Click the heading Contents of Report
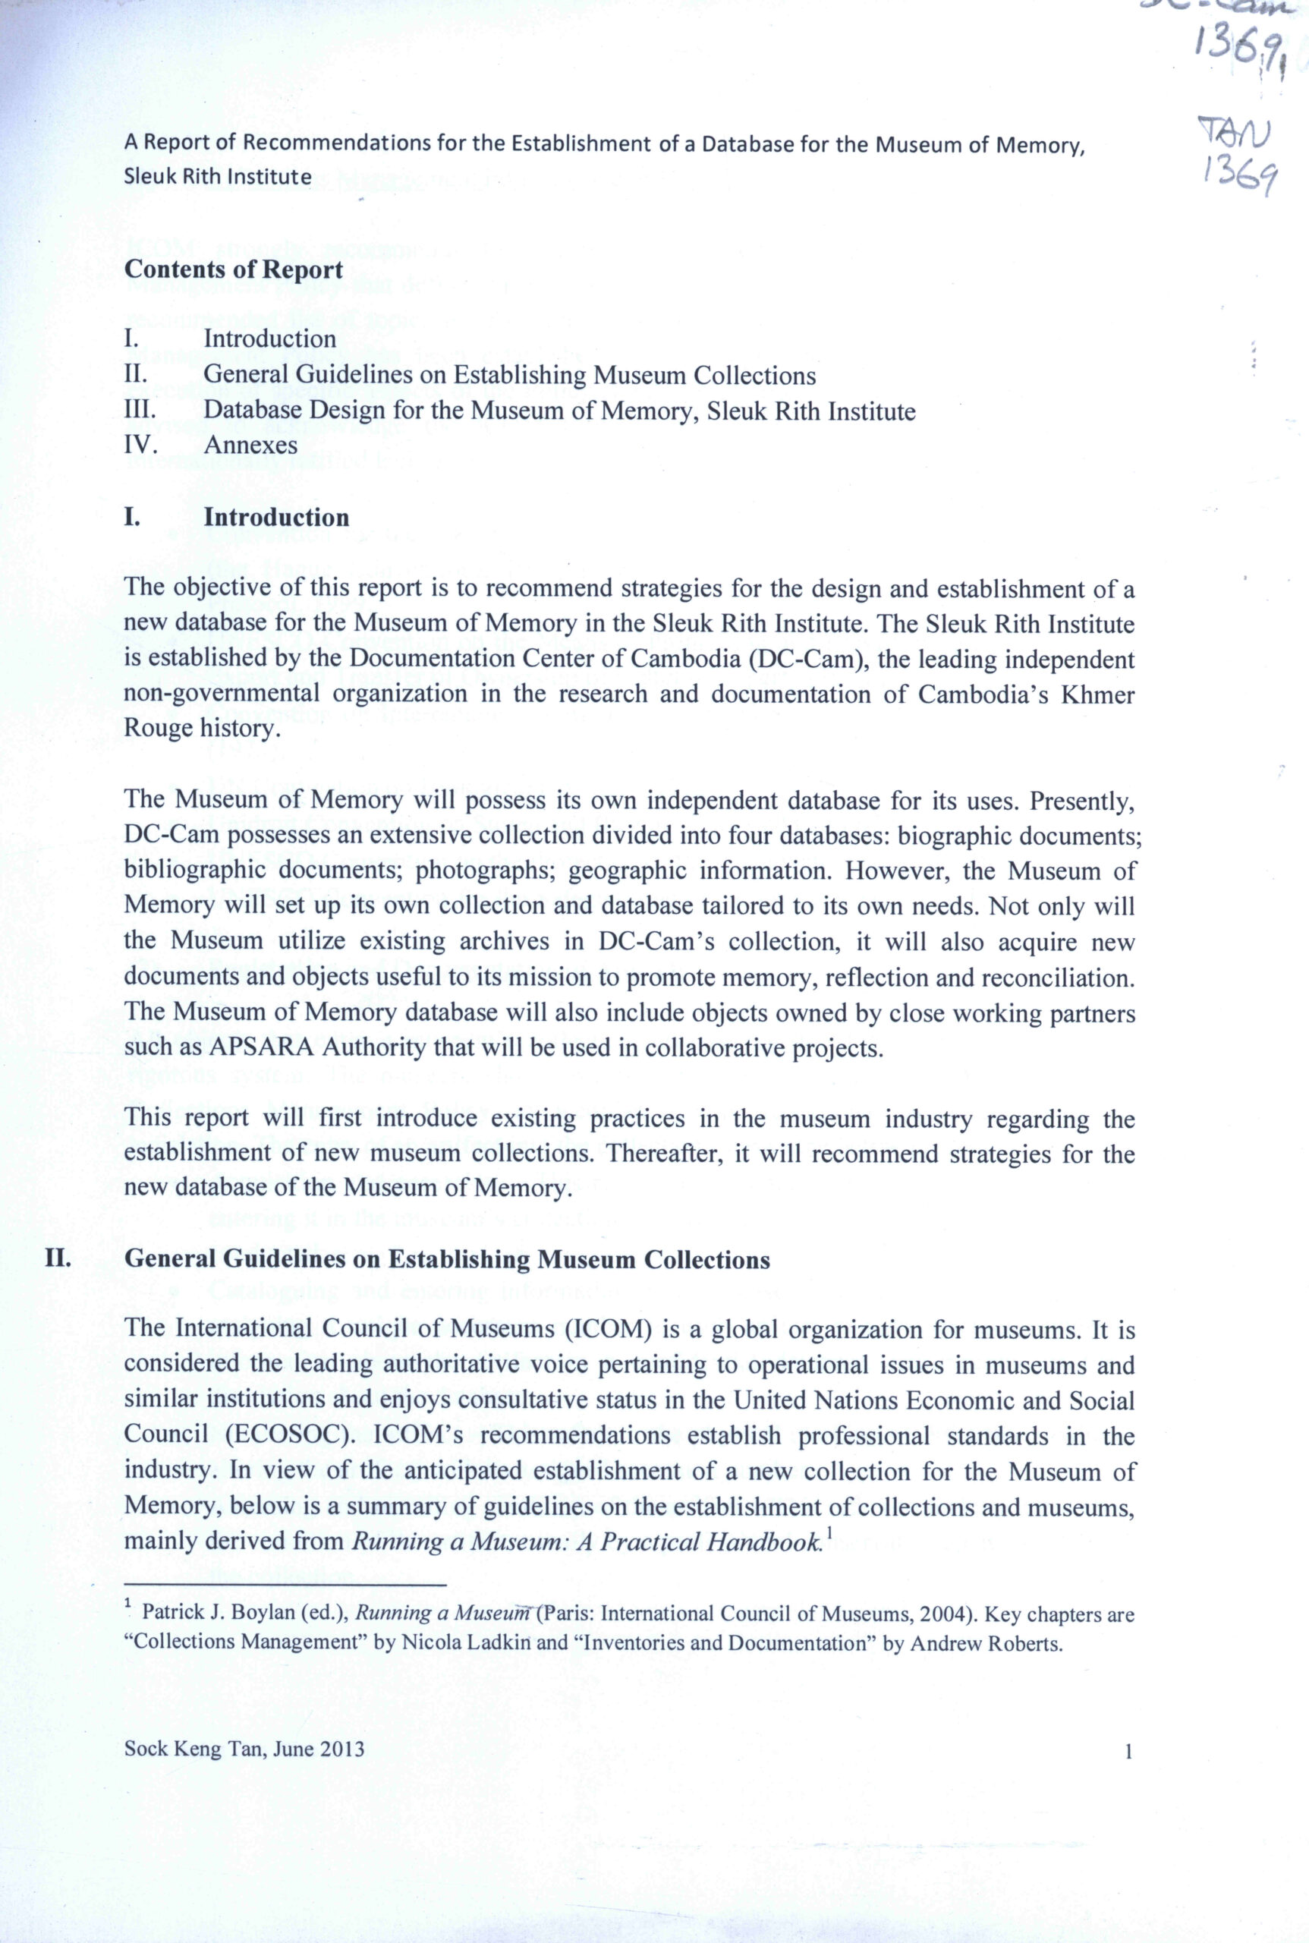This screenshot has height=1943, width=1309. click(x=233, y=269)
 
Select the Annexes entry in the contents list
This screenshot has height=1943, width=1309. click(x=250, y=445)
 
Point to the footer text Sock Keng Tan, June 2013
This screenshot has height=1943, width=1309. click(x=244, y=1749)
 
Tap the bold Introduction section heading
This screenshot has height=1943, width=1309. click(x=276, y=517)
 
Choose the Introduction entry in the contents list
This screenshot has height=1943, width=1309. click(x=269, y=339)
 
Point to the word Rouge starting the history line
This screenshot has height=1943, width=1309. click(x=158, y=728)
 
